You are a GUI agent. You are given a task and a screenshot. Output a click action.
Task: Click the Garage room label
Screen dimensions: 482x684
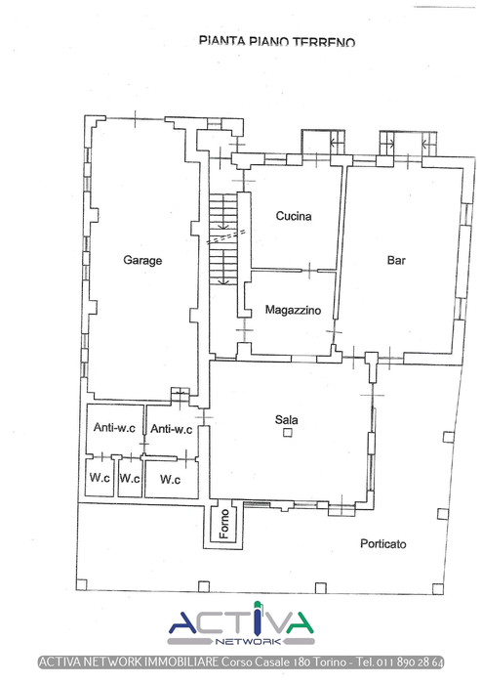(x=142, y=261)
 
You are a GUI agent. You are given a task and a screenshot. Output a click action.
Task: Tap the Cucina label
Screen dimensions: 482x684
(x=294, y=216)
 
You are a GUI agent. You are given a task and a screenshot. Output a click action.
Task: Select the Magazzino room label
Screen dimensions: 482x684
(x=293, y=310)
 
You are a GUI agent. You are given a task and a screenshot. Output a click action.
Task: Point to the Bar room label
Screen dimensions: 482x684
(x=396, y=261)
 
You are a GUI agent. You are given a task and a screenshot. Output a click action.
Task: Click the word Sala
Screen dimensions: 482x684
(x=287, y=419)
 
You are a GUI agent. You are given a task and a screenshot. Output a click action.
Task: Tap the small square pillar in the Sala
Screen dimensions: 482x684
(x=288, y=433)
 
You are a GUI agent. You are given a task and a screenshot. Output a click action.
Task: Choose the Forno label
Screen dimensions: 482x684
(x=224, y=524)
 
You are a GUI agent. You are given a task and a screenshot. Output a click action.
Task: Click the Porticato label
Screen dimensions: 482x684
(x=383, y=544)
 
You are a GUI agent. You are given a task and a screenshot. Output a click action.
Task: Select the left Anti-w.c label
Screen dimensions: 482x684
(x=114, y=428)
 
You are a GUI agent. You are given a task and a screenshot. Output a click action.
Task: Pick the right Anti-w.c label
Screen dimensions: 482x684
(x=171, y=429)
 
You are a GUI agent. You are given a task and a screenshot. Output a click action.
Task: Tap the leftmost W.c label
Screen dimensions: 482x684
(x=100, y=478)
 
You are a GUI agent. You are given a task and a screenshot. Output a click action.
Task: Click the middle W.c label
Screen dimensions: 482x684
(x=130, y=479)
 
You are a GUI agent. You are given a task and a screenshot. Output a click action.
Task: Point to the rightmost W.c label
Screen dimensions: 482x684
(x=170, y=480)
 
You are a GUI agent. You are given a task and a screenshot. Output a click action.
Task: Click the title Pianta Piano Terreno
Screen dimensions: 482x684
(x=277, y=41)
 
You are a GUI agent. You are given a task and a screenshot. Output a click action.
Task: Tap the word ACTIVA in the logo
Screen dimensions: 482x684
(x=241, y=620)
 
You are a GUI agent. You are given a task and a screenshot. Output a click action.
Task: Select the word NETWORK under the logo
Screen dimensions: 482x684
(x=248, y=642)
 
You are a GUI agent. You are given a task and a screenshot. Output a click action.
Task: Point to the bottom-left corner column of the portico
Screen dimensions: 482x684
(x=81, y=584)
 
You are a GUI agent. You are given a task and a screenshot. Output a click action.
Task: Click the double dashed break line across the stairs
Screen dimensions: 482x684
(x=225, y=236)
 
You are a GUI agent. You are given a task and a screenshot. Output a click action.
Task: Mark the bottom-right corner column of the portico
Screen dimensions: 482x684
(x=438, y=589)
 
